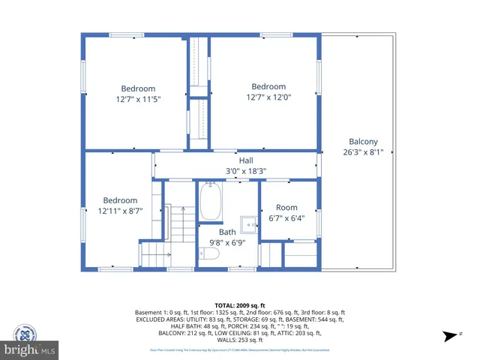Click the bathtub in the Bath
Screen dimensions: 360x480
[x=211, y=202]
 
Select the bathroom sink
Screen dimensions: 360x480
[x=249, y=223]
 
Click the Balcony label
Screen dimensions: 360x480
[x=363, y=142]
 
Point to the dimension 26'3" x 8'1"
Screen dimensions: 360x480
[x=363, y=151]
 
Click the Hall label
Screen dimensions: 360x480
[x=246, y=160]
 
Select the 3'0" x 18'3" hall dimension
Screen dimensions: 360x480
[x=246, y=171]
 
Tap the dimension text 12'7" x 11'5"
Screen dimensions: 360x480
[x=138, y=98]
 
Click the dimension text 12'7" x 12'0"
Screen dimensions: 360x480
[x=268, y=97]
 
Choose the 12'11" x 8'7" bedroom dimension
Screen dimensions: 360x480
[x=120, y=211]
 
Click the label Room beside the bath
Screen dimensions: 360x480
[x=286, y=208]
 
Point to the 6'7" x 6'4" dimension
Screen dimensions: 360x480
[x=286, y=218]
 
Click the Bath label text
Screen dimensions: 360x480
[x=227, y=232]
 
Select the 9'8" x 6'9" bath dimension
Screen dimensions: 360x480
[x=227, y=242]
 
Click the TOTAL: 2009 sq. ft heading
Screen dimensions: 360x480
[x=239, y=305]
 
